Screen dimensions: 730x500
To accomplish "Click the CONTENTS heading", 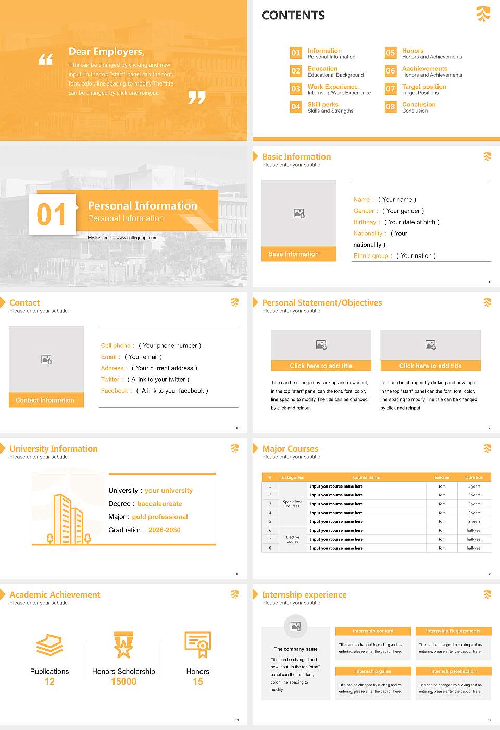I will coord(293,16).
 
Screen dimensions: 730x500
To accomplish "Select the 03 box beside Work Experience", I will coord(296,89).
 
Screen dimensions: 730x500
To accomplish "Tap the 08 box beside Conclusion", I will coord(391,107).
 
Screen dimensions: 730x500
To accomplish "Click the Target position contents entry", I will coord(424,87).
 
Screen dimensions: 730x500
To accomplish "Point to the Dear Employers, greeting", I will coord(106,51).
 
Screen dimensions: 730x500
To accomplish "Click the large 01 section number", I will coord(52,214).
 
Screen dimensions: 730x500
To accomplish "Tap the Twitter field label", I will coord(111,380).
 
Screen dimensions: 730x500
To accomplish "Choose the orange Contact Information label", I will coord(46,400).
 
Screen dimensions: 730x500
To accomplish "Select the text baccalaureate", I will coord(159,504).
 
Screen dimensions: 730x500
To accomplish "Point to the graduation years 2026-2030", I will coord(165,530).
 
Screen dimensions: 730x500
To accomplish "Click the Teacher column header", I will coord(442,477).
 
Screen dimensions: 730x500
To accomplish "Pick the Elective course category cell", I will coord(293,539).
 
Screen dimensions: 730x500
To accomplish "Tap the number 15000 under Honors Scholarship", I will coord(123,682).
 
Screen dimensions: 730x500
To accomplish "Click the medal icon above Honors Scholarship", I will coord(123,646).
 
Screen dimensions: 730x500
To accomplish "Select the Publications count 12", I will coord(49,682).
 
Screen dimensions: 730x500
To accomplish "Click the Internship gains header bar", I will coord(373,671).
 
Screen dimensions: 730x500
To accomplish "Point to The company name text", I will coord(296,649).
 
